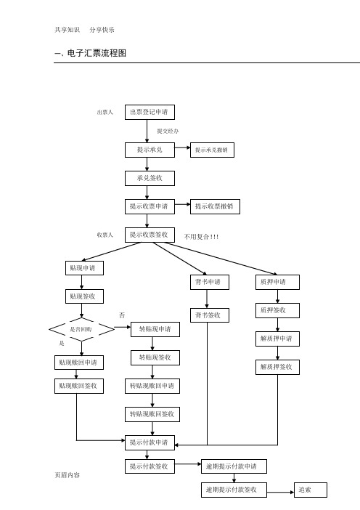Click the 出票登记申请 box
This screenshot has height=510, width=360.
click(150, 112)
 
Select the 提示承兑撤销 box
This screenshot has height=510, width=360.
click(212, 150)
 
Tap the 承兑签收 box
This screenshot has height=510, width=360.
click(150, 178)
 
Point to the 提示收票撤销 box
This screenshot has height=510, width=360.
click(215, 206)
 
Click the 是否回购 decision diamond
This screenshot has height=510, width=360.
click(81, 330)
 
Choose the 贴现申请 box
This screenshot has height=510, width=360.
click(84, 268)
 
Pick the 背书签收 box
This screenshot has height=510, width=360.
click(210, 315)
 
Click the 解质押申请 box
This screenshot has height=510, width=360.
click(277, 339)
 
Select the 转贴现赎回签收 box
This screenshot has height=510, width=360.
click(152, 414)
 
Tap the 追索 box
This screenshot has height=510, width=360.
click(311, 490)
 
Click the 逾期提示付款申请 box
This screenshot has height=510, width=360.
click(234, 466)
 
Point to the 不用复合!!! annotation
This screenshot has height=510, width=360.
click(202, 237)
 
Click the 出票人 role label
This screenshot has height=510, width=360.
click(105, 112)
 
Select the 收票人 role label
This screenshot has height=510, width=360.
click(105, 235)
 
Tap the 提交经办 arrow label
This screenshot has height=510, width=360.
click(168, 131)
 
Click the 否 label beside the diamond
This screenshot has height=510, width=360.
click(122, 315)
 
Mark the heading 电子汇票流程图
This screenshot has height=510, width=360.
click(97, 53)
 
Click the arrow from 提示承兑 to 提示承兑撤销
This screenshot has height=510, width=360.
click(183, 147)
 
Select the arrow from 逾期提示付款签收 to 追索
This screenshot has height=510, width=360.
click(281, 492)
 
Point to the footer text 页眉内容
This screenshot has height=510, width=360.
click(67, 475)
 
